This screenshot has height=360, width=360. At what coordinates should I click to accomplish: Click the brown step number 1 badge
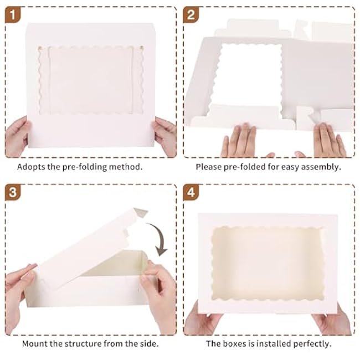point(13,15)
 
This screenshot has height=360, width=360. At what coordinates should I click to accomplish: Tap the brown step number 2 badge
point(191,15)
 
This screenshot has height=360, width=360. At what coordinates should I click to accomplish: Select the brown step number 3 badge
point(13,192)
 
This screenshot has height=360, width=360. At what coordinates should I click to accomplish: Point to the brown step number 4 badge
point(191,192)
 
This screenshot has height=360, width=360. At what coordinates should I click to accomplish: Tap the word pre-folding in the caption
point(85,167)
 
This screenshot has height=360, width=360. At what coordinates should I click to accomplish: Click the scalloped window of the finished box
point(268,264)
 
